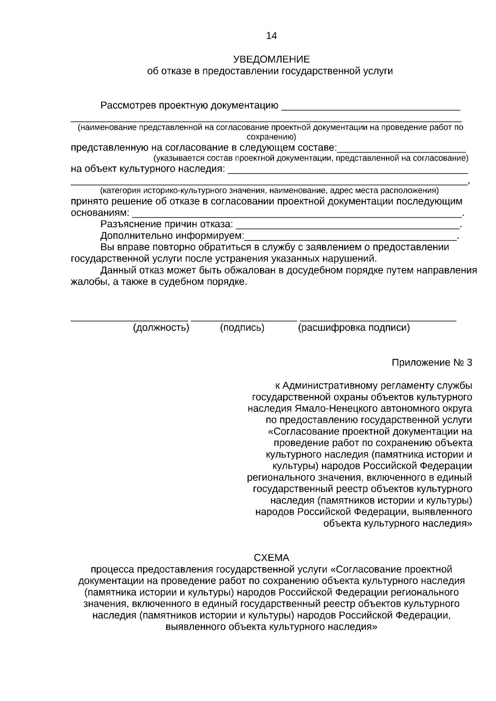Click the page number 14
271,36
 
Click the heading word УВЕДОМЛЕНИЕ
271,59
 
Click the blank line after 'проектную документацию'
370,109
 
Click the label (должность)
161,328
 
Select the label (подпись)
242,328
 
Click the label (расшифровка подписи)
354,328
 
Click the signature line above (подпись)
244,320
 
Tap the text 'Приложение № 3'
432,363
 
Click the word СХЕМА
271,558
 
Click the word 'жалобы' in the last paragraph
87,282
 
